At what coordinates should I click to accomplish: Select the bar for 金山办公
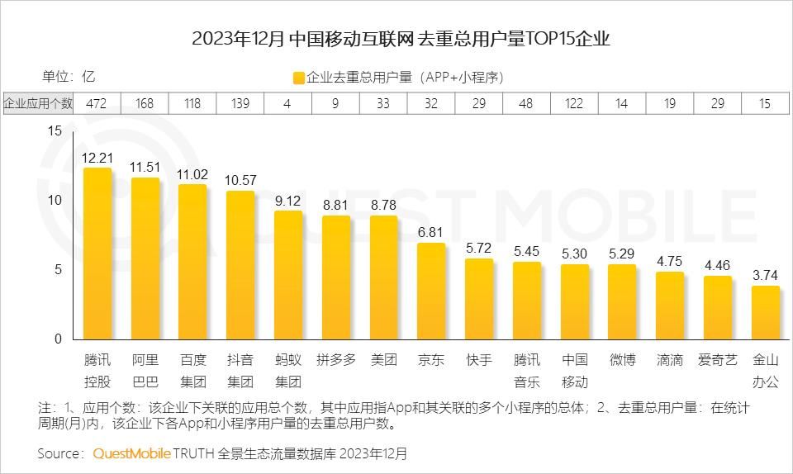[766, 313]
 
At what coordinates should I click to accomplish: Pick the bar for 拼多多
[335, 277]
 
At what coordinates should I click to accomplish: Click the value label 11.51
[145, 167]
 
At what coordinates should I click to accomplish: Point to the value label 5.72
[479, 248]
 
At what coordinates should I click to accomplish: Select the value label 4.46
[718, 265]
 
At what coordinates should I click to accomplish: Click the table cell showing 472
[97, 103]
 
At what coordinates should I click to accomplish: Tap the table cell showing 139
[240, 103]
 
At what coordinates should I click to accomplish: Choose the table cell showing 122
[574, 103]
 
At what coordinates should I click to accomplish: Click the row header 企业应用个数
[38, 103]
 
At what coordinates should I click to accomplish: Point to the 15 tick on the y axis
[55, 130]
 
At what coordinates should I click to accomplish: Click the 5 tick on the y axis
[58, 269]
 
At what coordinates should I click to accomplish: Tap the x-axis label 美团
[383, 360]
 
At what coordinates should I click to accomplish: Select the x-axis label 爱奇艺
[718, 360]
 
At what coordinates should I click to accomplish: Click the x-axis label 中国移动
[574, 371]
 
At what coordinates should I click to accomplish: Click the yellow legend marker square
[298, 78]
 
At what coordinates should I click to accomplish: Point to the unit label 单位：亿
[69, 77]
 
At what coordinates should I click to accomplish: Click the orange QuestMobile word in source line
[131, 453]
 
